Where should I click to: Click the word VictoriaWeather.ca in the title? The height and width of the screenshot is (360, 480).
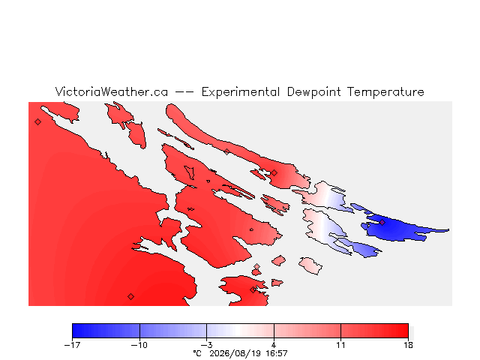click(112, 91)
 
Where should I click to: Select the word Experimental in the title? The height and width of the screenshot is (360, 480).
click(241, 92)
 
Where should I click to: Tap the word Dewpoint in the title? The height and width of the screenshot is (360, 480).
click(313, 92)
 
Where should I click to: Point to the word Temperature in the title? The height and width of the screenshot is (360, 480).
click(385, 92)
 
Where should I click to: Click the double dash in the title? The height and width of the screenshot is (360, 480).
click(184, 91)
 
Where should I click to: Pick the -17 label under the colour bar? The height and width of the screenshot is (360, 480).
click(72, 345)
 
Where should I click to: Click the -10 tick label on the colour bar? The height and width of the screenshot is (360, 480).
click(139, 345)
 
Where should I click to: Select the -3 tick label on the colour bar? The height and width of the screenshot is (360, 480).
click(207, 345)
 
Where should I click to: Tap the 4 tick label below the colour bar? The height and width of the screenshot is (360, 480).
click(274, 345)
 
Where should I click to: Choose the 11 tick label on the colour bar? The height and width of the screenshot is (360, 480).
click(340, 345)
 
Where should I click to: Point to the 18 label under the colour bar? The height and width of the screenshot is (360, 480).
click(408, 345)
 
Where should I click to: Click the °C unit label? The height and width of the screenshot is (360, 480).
click(197, 353)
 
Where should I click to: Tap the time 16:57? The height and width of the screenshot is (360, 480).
click(277, 353)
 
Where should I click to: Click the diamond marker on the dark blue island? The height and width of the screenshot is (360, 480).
click(382, 222)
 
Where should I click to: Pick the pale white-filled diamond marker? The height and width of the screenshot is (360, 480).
click(256, 267)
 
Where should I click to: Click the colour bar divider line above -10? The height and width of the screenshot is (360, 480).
click(139, 331)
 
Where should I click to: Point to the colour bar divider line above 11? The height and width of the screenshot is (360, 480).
click(340, 331)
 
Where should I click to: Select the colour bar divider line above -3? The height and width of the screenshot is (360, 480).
click(207, 331)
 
